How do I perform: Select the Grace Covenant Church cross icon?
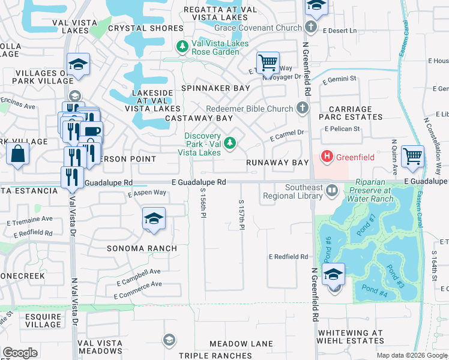310,27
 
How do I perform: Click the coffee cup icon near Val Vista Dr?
92,131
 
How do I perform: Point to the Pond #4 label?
375,292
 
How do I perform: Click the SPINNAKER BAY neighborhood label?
216,88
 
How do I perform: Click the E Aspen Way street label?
147,193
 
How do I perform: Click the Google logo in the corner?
20,353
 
